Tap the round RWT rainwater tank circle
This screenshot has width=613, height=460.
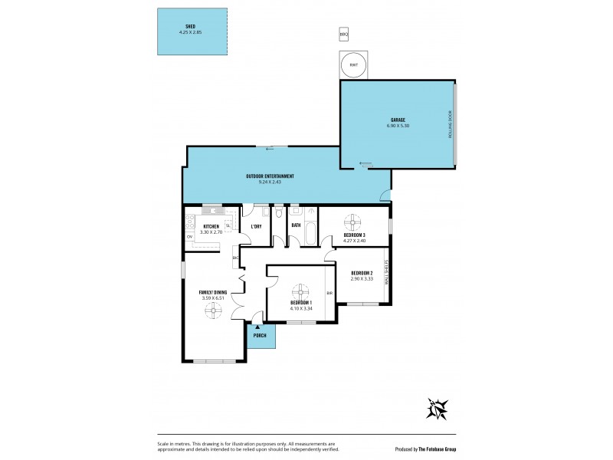click(353, 65)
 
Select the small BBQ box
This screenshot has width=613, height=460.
click(344, 34)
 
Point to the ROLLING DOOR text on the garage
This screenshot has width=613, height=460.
click(451, 124)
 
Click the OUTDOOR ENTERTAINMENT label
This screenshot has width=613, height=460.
click(270, 176)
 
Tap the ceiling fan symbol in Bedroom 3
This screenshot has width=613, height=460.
click(352, 222)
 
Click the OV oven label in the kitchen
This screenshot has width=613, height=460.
click(189, 237)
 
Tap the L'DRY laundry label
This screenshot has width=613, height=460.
click(257, 227)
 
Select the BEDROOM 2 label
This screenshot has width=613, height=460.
click(362, 274)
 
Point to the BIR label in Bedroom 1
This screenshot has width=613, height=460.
click(329, 293)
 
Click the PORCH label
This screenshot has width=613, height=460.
click(259, 336)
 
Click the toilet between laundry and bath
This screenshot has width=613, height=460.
click(279, 215)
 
